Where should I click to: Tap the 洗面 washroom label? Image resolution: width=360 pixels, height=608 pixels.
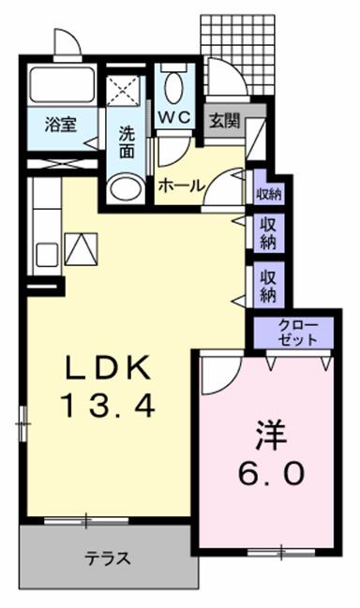point(126,141)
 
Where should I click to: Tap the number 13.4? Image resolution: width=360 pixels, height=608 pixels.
point(106,407)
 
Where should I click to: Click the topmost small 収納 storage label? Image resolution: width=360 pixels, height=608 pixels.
point(269,195)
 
